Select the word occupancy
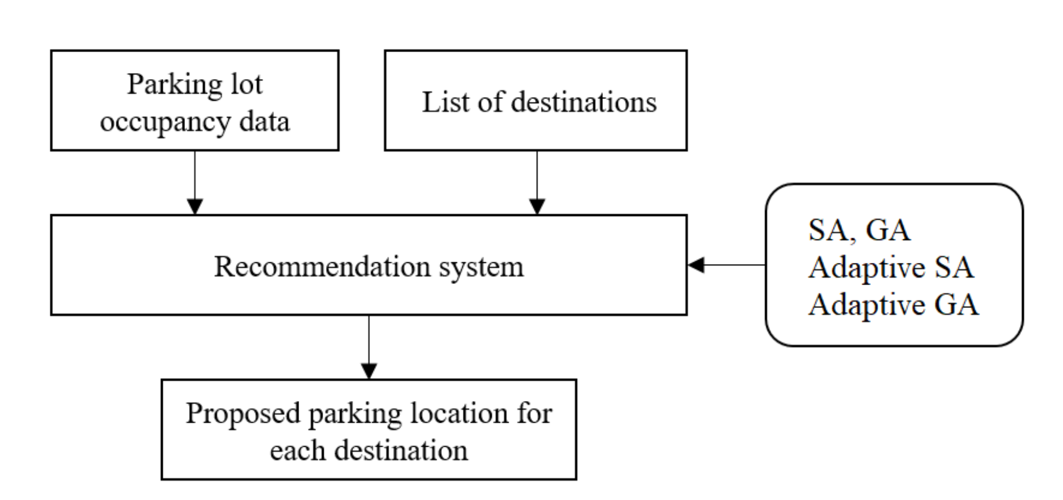[165, 123]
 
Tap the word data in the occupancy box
[265, 122]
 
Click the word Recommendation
[321, 266]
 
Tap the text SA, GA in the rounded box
[859, 230]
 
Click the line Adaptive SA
[891, 268]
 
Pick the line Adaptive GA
[893, 305]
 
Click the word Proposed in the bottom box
[243, 414]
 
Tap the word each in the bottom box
[297, 451]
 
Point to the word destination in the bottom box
[401, 451]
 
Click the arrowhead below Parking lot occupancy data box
[195, 207]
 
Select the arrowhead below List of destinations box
[537, 207]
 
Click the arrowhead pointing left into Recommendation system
[696, 265]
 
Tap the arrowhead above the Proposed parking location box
[369, 371]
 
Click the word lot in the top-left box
[246, 85]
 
